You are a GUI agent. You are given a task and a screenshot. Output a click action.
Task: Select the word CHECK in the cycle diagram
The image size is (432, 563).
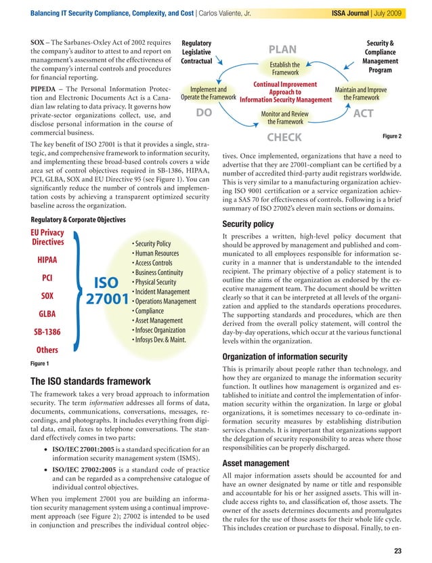tap(284, 138)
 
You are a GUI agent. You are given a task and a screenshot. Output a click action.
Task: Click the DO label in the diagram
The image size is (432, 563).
tap(205, 114)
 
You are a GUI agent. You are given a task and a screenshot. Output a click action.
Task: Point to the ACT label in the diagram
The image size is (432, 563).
tap(363, 114)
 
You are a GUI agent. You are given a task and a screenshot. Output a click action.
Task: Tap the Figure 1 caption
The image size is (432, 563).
tap(42, 362)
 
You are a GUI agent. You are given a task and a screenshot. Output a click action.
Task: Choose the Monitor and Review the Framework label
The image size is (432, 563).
tap(285, 118)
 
